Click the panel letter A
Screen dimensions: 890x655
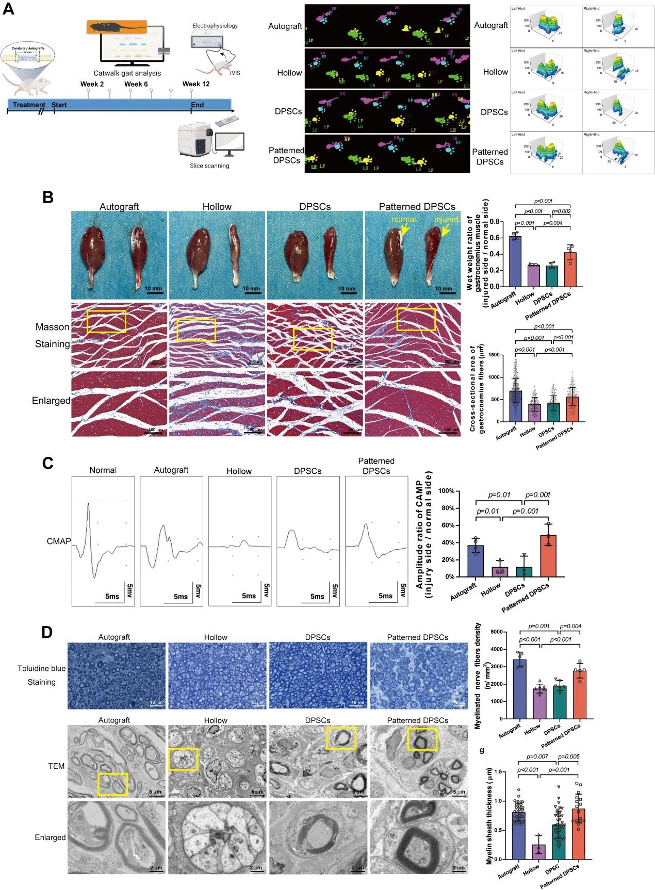click(x=8, y=9)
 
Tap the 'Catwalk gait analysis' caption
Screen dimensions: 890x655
click(x=127, y=73)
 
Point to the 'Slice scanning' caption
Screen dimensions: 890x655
click(x=209, y=166)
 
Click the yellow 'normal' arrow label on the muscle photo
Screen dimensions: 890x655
click(x=403, y=219)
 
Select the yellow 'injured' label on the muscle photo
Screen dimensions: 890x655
click(x=446, y=219)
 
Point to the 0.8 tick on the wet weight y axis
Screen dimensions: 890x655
click(x=497, y=222)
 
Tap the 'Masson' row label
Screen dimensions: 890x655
click(x=52, y=327)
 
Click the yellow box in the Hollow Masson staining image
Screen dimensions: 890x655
click(x=196, y=330)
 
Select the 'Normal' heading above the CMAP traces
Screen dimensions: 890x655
click(x=103, y=470)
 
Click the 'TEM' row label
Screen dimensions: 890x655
click(x=56, y=766)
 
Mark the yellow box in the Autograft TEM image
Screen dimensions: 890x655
click(x=112, y=784)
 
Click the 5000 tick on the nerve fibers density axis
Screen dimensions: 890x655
click(x=496, y=632)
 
